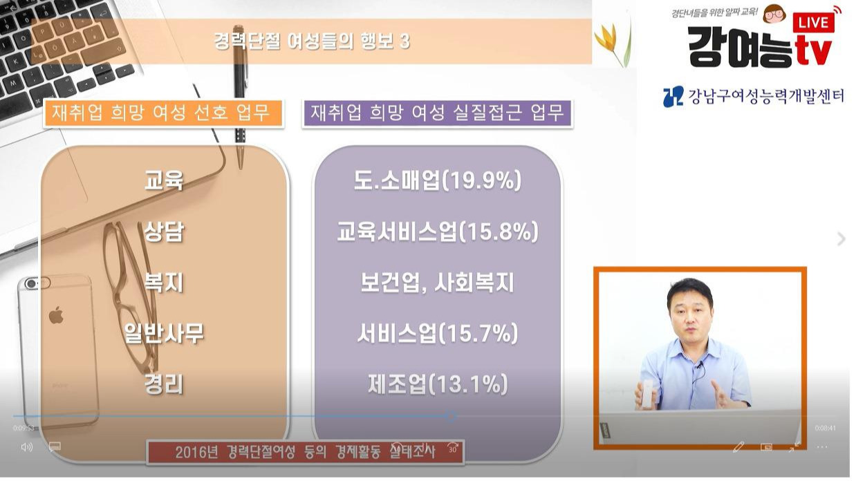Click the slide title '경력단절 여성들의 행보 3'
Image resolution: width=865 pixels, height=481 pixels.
coord(312,41)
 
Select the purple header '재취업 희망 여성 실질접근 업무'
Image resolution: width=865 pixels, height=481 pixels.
coord(437,113)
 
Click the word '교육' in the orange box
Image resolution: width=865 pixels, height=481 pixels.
coord(164,181)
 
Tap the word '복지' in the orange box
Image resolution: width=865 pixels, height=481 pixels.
coord(164,283)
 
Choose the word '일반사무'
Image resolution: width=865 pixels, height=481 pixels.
coord(164,334)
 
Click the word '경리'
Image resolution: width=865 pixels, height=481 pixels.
coord(164,384)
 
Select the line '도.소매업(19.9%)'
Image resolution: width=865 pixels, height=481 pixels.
coord(437,181)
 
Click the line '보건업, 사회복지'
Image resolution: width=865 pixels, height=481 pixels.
coord(437,283)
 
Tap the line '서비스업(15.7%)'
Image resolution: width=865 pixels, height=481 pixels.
coord(437,334)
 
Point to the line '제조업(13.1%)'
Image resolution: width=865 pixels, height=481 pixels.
coord(437,384)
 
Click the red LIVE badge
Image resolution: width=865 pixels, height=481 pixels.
coord(813,22)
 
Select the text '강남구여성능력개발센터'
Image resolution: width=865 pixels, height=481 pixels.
coord(765,96)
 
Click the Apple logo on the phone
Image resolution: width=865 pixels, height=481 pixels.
coord(56,317)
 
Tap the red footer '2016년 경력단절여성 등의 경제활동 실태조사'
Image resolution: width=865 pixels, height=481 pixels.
coord(305,453)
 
